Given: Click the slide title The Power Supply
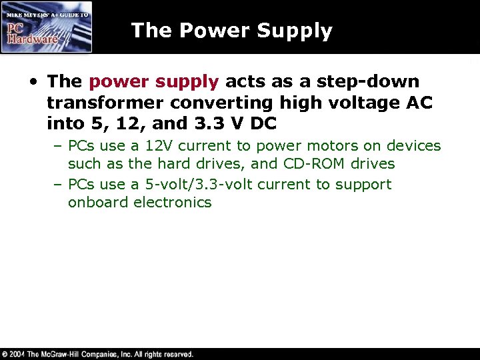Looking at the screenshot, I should [x=231, y=31].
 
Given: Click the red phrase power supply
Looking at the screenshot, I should [x=153, y=82].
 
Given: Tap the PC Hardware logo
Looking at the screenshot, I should [x=46, y=27].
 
